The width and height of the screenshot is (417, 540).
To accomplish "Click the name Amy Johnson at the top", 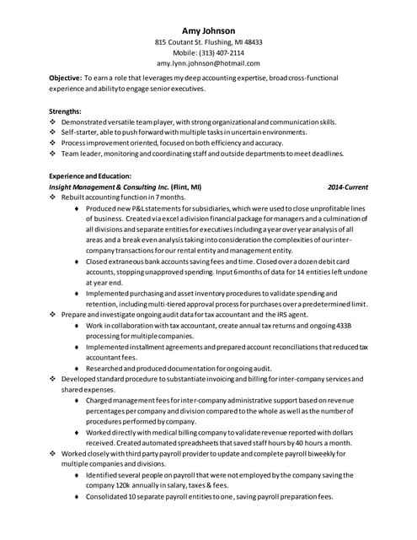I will point(208,30).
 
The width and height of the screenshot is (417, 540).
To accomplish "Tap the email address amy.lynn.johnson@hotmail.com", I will point(208,63).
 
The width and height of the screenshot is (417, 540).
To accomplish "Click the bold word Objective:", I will point(65,78).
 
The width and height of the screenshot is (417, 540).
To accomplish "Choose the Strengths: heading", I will point(66,111).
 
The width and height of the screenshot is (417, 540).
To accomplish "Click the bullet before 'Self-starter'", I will point(53,132).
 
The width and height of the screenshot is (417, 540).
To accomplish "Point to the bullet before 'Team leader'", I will point(53,154).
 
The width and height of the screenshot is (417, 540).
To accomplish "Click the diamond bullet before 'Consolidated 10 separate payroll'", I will point(77,497).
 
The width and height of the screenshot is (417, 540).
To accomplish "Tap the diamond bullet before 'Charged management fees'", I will point(77,401).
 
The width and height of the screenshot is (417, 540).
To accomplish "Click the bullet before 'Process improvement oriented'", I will point(53,143).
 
